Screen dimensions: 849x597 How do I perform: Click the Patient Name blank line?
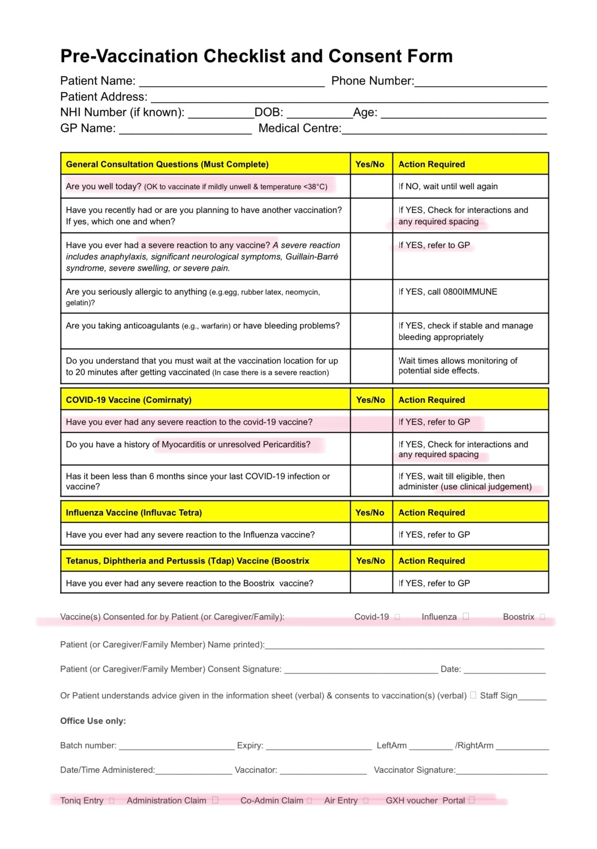232,83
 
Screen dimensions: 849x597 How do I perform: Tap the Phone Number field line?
480,83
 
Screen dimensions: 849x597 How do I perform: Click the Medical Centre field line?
444,131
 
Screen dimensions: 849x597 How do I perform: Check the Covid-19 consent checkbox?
397,617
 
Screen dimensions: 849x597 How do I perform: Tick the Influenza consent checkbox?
466,616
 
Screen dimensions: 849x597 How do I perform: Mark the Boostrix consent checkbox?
542,617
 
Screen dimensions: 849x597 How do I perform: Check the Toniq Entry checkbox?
112,800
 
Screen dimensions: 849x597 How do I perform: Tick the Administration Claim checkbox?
215,800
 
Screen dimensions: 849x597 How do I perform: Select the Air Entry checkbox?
366,800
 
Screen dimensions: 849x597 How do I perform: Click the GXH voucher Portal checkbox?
472,800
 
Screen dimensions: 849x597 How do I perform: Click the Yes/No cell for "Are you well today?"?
371,187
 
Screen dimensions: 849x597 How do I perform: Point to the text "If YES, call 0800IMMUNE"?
448,292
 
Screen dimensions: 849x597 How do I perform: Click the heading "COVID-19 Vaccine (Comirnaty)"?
129,400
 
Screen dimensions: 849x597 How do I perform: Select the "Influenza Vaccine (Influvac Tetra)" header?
134,513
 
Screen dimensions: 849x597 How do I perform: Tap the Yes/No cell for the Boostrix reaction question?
371,583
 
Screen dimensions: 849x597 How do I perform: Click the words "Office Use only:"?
93,721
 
